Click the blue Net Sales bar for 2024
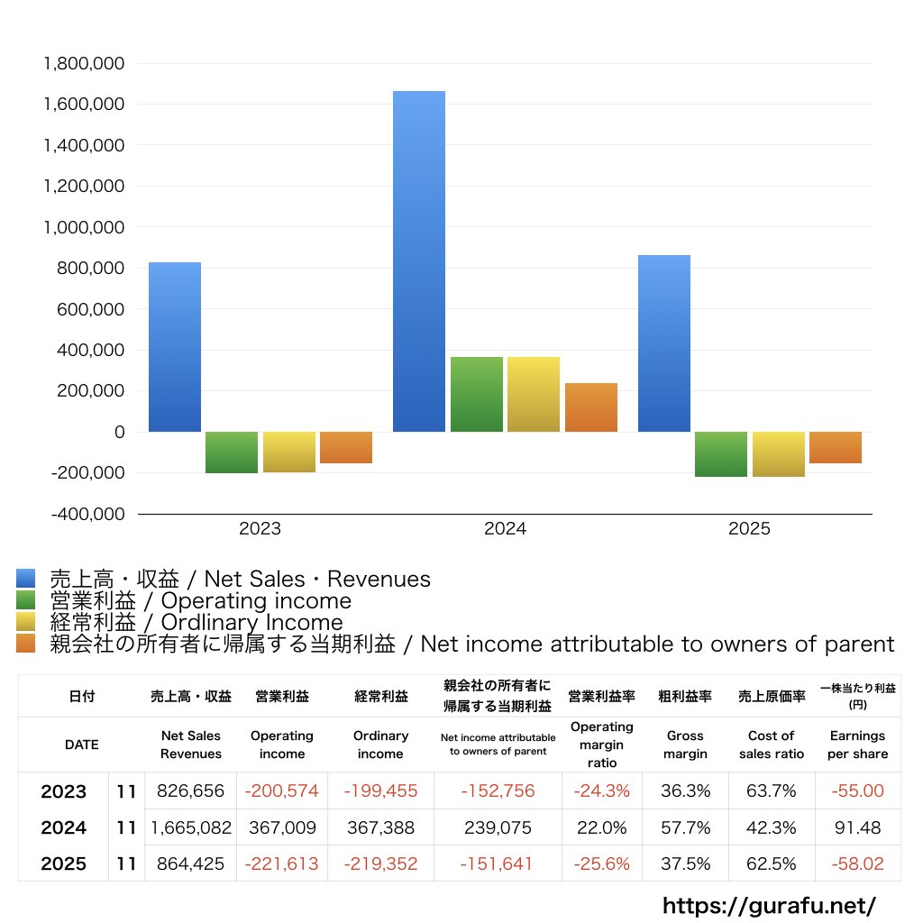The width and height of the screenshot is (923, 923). [419, 261]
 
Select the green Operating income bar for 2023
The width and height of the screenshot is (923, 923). [232, 452]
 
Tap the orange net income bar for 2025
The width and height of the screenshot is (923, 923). [836, 447]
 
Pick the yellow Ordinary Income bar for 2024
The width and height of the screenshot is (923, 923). [534, 394]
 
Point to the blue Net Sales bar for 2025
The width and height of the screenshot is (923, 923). [664, 343]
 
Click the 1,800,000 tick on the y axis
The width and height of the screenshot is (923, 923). [84, 64]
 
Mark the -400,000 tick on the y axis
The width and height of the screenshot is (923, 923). [87, 514]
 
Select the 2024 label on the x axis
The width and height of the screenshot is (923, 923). [505, 529]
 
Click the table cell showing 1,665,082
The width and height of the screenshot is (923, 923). [191, 827]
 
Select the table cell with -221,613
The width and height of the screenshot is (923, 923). [281, 864]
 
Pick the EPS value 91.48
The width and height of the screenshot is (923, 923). [857, 827]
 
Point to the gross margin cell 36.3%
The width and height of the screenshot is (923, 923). [685, 791]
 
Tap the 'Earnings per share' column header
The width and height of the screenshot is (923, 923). [857, 745]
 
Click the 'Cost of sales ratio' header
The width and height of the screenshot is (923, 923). [771, 745]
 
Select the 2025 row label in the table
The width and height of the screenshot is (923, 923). [64, 864]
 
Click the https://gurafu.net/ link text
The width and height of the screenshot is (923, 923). [769, 905]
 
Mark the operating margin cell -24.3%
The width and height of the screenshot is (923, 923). [601, 791]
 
